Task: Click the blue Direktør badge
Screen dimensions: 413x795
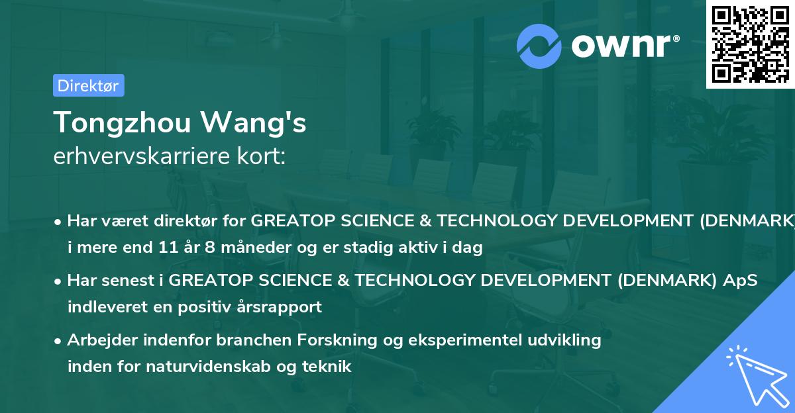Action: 88,85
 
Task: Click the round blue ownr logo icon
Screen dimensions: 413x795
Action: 539,46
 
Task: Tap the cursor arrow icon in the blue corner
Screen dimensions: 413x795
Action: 755,375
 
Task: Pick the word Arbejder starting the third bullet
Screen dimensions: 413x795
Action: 100,340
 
